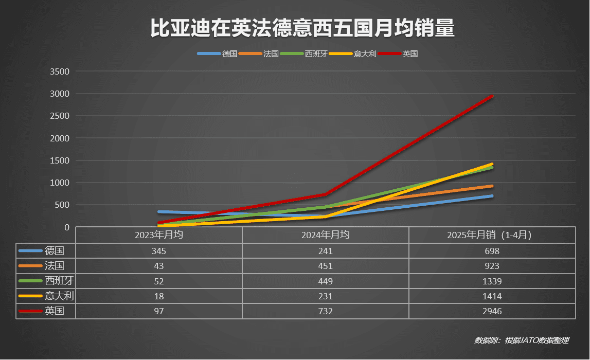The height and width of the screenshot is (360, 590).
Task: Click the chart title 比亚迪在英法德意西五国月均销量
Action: (302, 29)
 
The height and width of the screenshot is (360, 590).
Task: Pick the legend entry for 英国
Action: (409, 53)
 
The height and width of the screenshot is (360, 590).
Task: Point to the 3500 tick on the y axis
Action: (59, 71)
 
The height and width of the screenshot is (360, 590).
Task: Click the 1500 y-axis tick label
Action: (59, 160)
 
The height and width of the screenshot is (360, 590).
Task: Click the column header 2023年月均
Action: (159, 235)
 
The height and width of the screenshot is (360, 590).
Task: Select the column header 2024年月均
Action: (326, 235)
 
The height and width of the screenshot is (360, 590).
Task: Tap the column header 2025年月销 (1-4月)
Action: (492, 235)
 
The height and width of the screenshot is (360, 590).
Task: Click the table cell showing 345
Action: (159, 251)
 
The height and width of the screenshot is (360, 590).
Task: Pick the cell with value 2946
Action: (492, 311)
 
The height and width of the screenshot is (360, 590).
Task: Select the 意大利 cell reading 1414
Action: (492, 296)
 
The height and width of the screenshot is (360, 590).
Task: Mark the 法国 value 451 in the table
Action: (326, 266)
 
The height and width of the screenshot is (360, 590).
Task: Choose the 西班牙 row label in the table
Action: (56, 281)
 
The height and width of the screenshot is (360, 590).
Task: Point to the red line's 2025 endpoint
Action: (492, 96)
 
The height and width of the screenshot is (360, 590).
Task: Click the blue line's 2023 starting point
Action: (159, 211)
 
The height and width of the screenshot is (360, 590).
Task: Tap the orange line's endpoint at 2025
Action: (492, 186)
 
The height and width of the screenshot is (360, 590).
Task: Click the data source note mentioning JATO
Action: (522, 340)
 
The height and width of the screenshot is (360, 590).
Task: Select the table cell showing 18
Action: (159, 296)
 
